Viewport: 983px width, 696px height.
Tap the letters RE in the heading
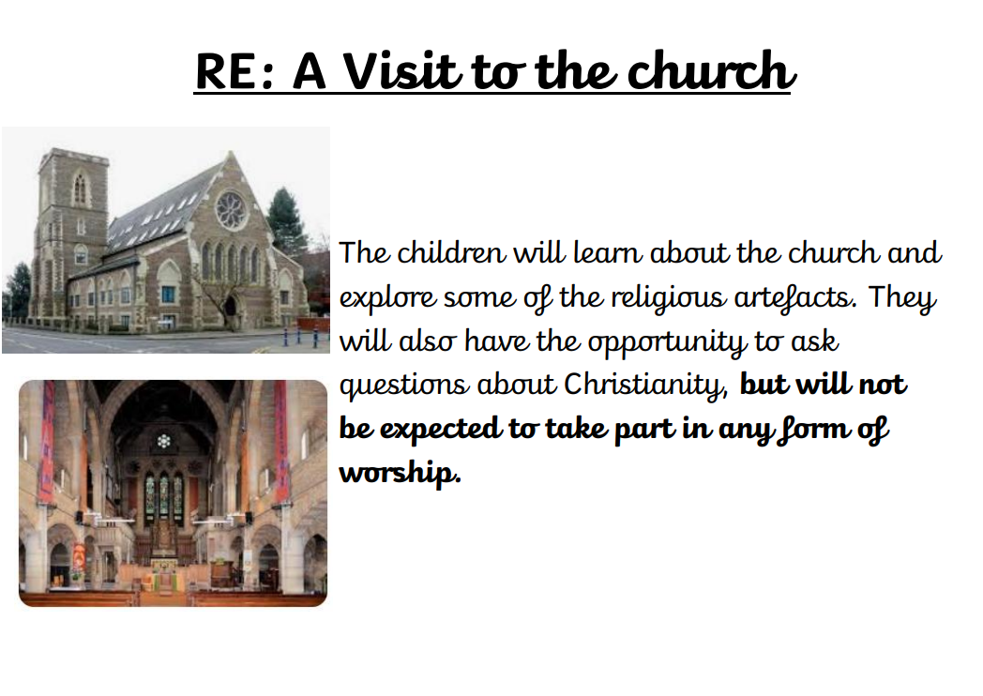[226, 71]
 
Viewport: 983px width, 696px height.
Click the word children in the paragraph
[451, 252]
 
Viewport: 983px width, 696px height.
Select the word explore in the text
[387, 298]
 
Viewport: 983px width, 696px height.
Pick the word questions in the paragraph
[403, 386]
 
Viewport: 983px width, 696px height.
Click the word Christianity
[645, 386]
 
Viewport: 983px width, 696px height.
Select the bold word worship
[400, 474]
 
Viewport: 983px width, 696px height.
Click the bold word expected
[442, 430]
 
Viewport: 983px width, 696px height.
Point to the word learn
[608, 252]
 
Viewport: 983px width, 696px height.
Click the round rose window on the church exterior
[232, 210]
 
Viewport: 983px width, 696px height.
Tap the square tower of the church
[71, 232]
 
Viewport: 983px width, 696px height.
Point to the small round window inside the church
[164, 441]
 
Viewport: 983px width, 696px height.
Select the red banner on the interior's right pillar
[280, 442]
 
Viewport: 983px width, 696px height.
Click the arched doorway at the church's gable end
[231, 308]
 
